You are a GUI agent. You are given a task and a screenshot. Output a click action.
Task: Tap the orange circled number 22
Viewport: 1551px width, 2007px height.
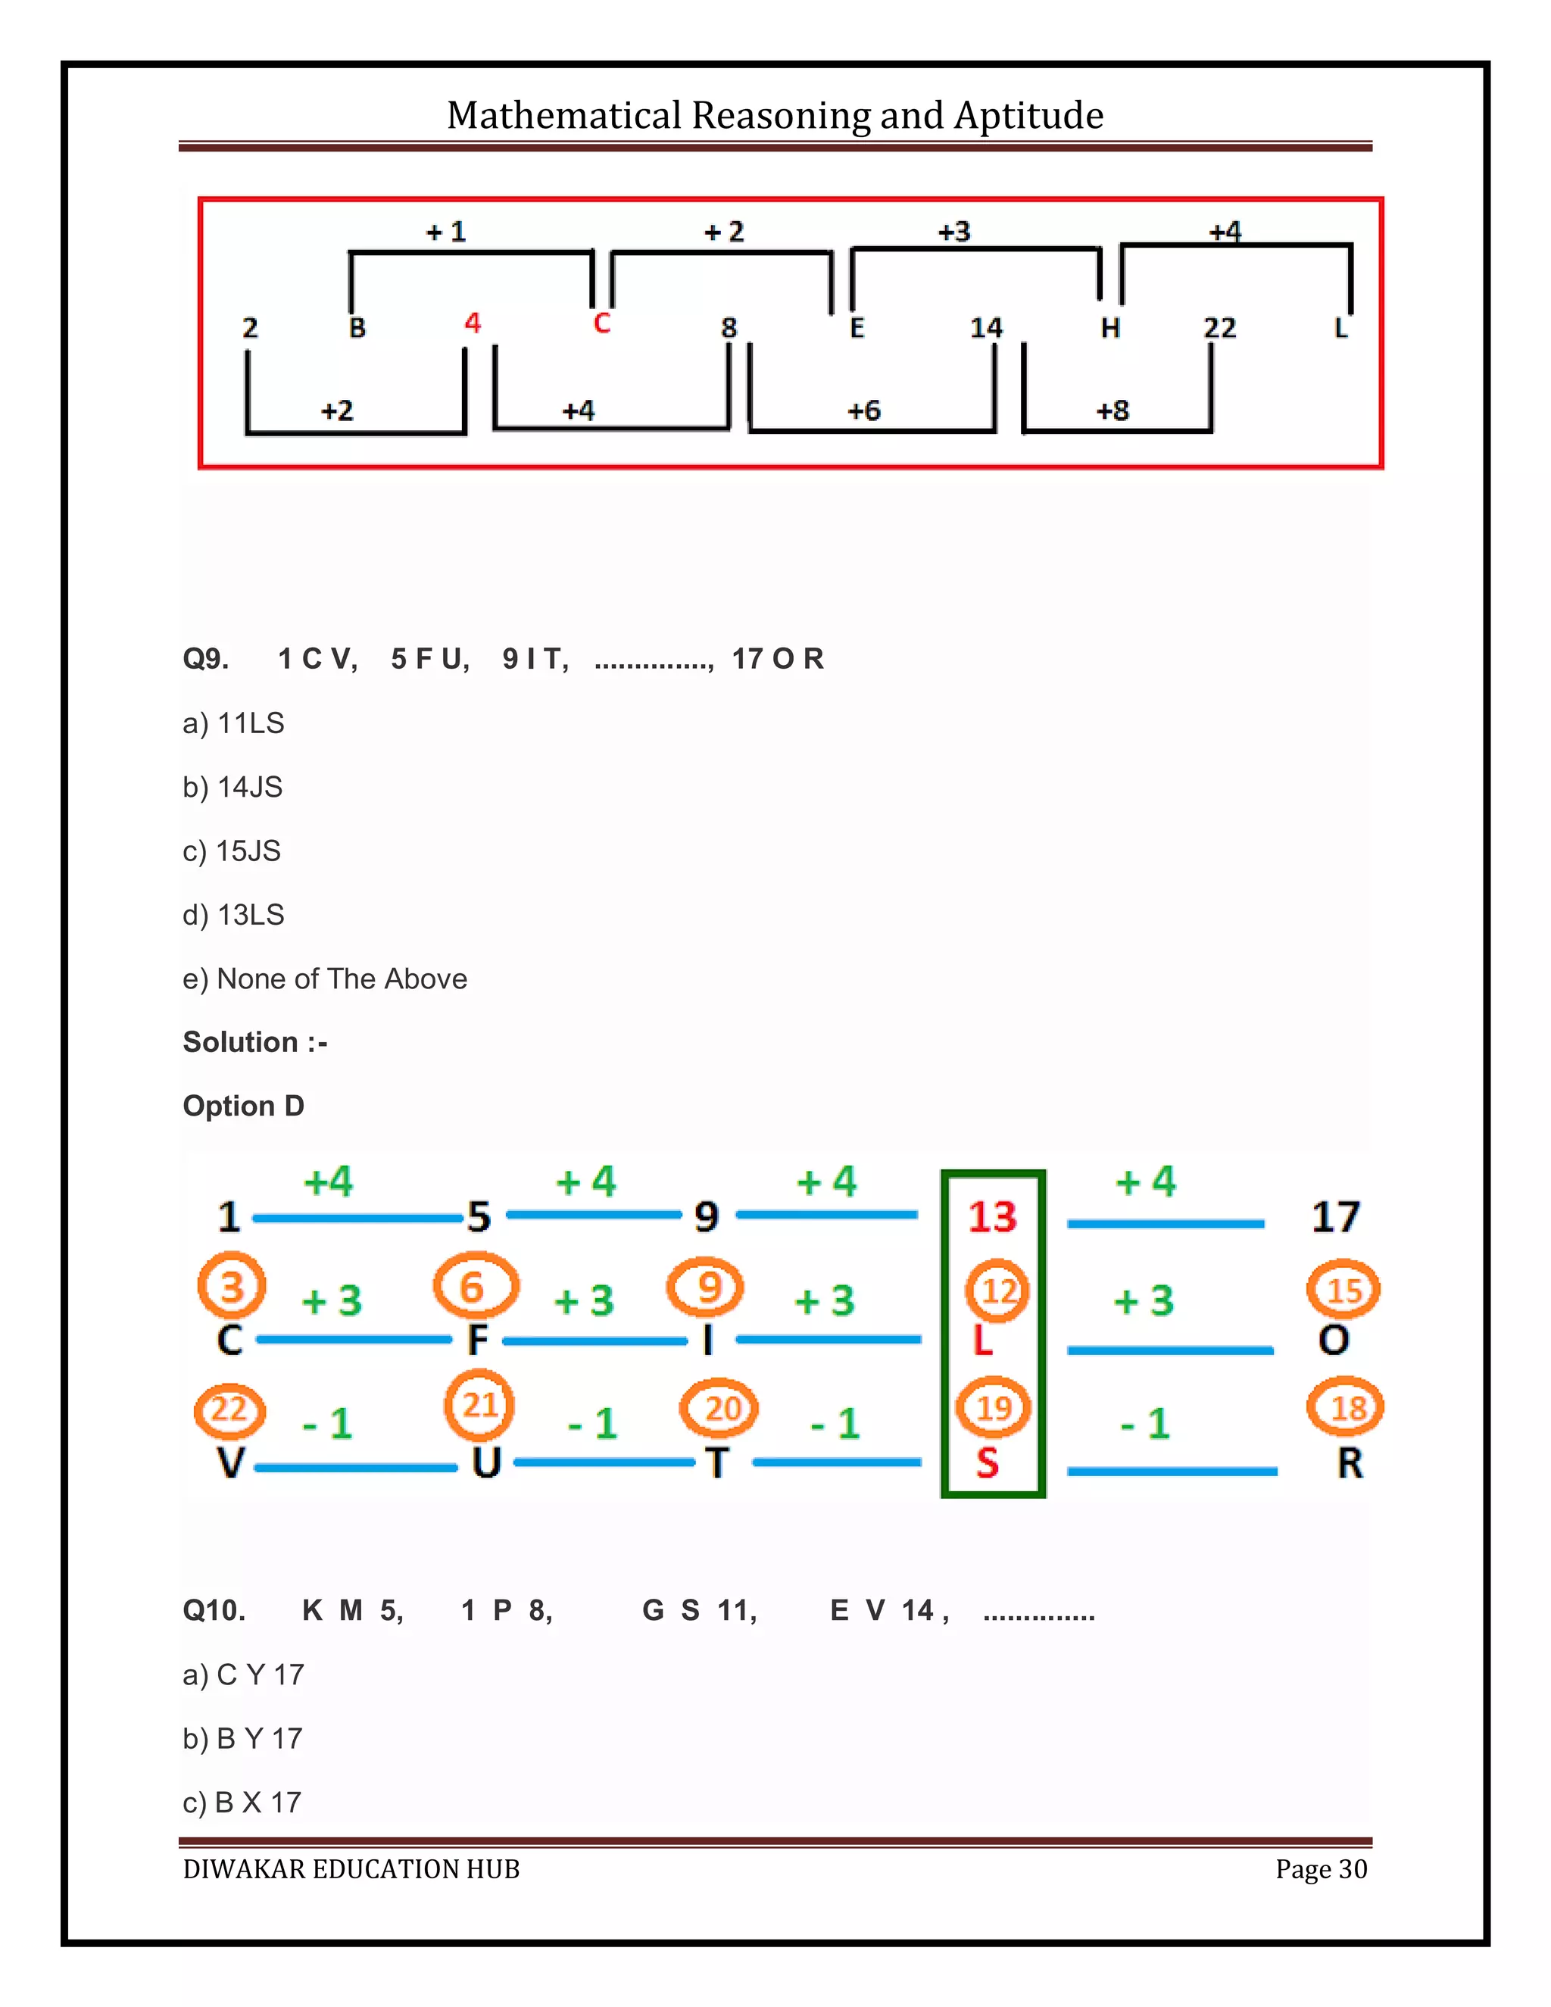click(x=229, y=1409)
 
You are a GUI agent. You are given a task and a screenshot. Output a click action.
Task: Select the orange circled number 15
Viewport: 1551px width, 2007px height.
click(x=1343, y=1291)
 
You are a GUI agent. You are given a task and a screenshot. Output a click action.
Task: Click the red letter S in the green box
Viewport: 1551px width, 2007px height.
click(x=987, y=1462)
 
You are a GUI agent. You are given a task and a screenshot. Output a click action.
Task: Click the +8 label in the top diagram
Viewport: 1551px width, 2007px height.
click(x=1112, y=410)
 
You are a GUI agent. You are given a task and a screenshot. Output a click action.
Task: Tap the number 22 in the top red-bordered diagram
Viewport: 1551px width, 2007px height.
click(x=1219, y=327)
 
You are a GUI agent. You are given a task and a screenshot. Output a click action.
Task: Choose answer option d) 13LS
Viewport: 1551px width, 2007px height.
click(x=233, y=914)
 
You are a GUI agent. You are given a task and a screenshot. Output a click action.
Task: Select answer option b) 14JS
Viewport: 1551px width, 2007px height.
click(x=232, y=787)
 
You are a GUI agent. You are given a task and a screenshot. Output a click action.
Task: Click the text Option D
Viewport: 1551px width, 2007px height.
click(x=244, y=1106)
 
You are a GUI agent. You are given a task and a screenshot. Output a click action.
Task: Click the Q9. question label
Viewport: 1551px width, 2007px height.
click(x=205, y=659)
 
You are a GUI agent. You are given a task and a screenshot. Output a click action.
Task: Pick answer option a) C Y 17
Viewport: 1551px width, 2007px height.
click(x=244, y=1675)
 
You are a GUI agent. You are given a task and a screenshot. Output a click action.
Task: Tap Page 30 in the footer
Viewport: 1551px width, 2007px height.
click(x=1320, y=1869)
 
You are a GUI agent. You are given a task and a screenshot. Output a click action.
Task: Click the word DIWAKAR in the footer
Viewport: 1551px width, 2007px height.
click(x=244, y=1869)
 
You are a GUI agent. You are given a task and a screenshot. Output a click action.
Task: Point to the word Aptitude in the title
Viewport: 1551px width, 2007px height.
click(x=1028, y=116)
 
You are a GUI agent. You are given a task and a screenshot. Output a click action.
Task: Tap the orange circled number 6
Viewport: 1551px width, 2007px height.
click(x=473, y=1287)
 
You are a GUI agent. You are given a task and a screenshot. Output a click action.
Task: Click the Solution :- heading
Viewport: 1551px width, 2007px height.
click(x=254, y=1042)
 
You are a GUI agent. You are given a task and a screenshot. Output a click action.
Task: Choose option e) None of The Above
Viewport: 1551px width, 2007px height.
click(x=324, y=979)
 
